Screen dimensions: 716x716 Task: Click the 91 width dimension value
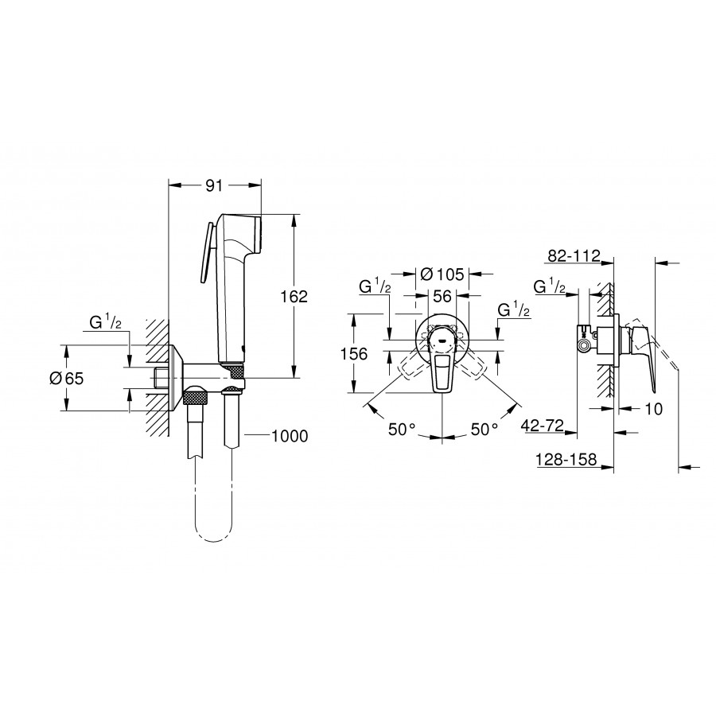(x=214, y=185)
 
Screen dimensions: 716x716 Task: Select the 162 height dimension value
(x=294, y=297)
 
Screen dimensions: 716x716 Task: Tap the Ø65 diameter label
(x=67, y=379)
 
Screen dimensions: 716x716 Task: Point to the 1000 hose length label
(x=290, y=436)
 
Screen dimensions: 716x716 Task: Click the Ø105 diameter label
(x=442, y=274)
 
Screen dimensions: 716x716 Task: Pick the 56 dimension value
(x=442, y=297)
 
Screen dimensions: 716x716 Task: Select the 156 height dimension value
(x=354, y=354)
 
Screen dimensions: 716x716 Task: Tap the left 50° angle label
(x=402, y=430)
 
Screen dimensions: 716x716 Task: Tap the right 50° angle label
(x=484, y=430)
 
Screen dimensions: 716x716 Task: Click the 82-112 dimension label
(x=574, y=256)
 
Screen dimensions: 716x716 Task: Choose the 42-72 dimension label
(x=543, y=426)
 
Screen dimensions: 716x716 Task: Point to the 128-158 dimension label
(x=566, y=459)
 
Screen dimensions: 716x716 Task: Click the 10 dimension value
(x=654, y=409)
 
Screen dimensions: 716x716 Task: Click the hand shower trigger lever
(x=204, y=254)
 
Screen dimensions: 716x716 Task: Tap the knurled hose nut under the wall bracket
(x=196, y=395)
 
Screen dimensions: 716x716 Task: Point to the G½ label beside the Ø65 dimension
(x=106, y=323)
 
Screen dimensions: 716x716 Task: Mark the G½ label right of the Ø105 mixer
(x=514, y=310)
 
